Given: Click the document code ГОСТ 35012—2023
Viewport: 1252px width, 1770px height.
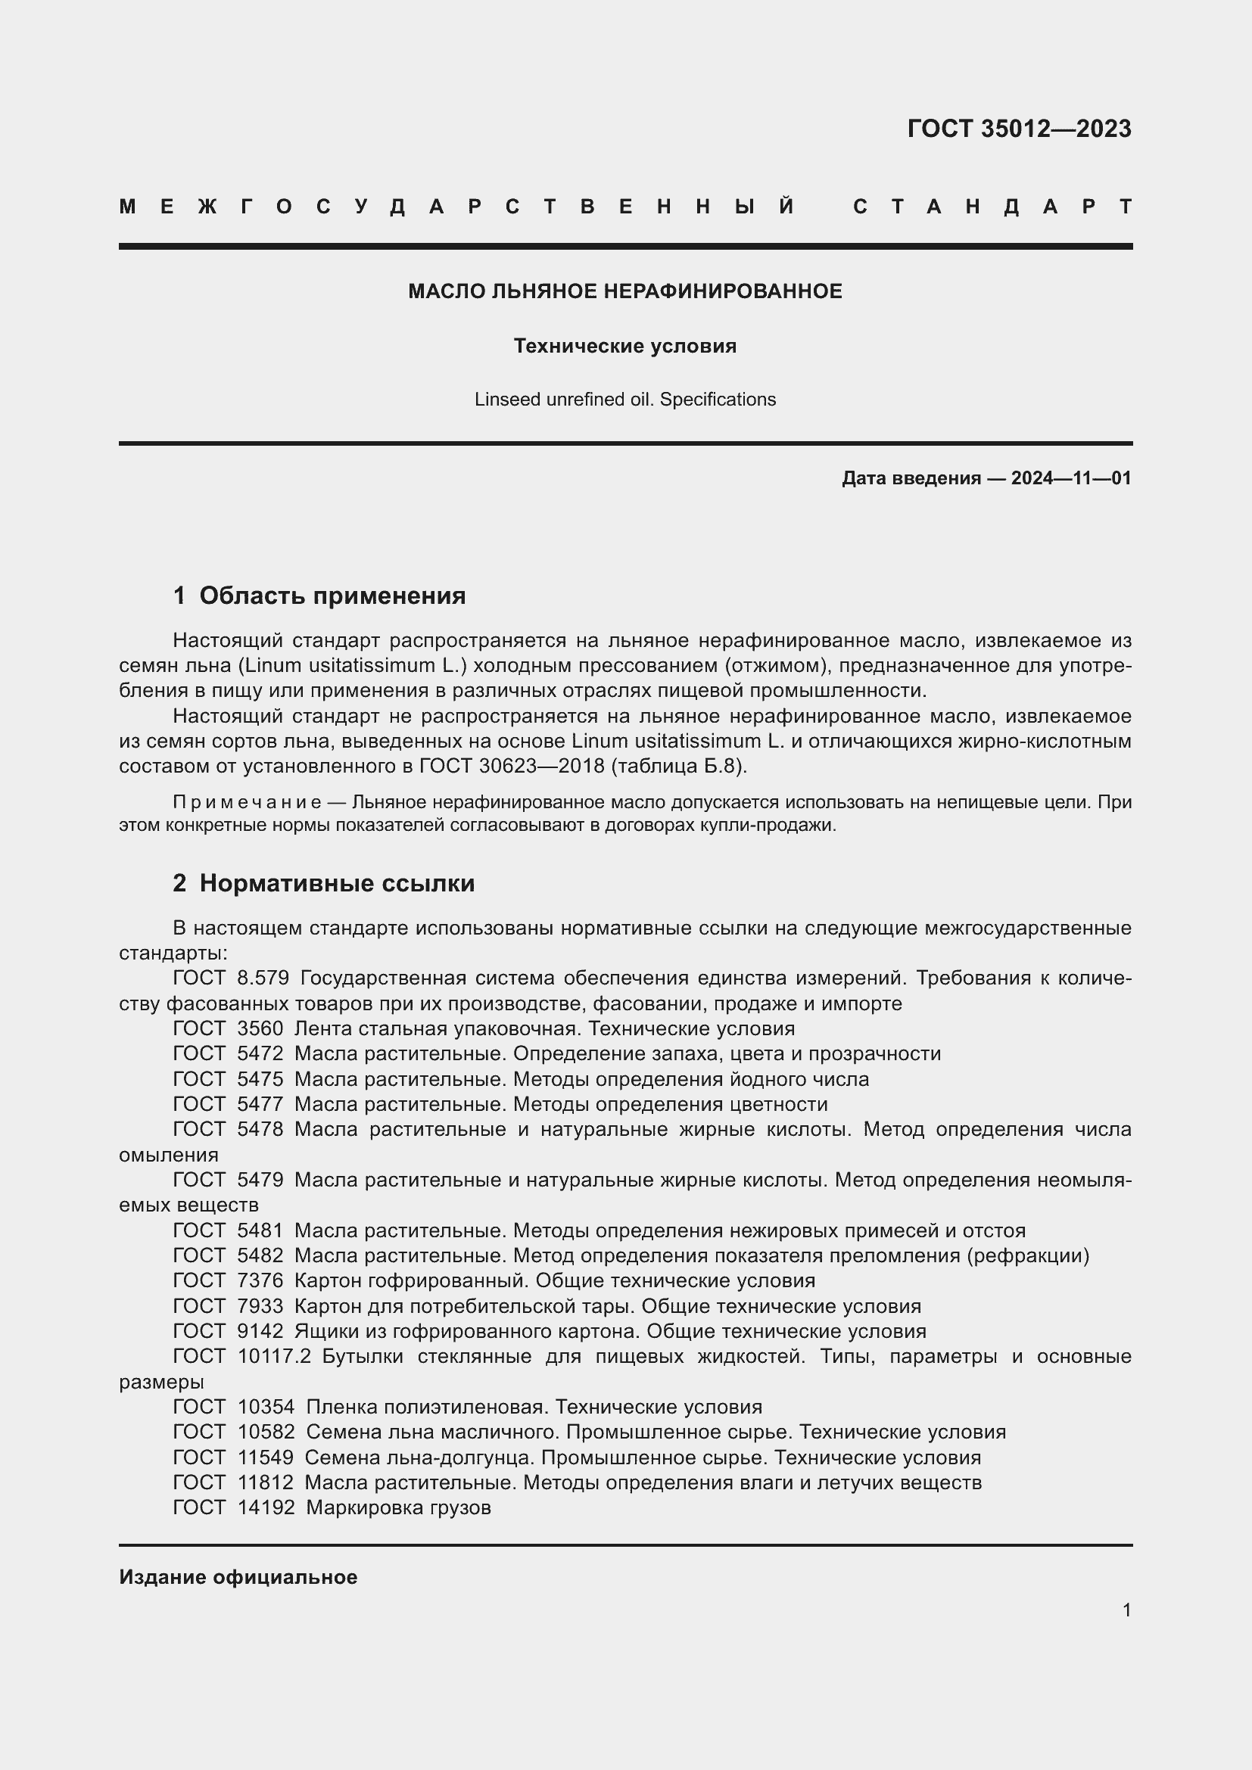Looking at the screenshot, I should [x=1018, y=129].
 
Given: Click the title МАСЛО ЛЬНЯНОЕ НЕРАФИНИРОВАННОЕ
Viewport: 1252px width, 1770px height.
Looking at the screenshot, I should [x=625, y=291].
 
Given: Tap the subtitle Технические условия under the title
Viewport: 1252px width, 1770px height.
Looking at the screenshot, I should [x=625, y=346].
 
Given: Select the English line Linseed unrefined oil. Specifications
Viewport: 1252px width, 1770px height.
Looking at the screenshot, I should [x=625, y=400].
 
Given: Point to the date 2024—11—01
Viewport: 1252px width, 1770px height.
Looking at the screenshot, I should [x=1071, y=478].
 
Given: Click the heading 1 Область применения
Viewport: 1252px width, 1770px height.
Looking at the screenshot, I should [x=319, y=596].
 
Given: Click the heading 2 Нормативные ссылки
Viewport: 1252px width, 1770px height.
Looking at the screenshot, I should [x=324, y=883].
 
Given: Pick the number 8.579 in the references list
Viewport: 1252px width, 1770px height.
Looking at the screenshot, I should [x=263, y=978].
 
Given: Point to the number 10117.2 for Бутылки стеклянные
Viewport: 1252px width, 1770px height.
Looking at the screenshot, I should [x=274, y=1357].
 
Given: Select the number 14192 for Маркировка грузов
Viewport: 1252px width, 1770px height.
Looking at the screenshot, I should [x=266, y=1508].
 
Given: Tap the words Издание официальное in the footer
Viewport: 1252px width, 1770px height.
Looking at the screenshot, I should [x=238, y=1577].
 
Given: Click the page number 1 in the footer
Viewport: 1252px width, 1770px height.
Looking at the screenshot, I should [x=1126, y=1610].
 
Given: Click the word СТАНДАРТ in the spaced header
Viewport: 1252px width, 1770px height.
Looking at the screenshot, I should [x=992, y=207].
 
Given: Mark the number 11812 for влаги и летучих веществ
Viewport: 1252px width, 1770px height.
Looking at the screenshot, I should [x=266, y=1482].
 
